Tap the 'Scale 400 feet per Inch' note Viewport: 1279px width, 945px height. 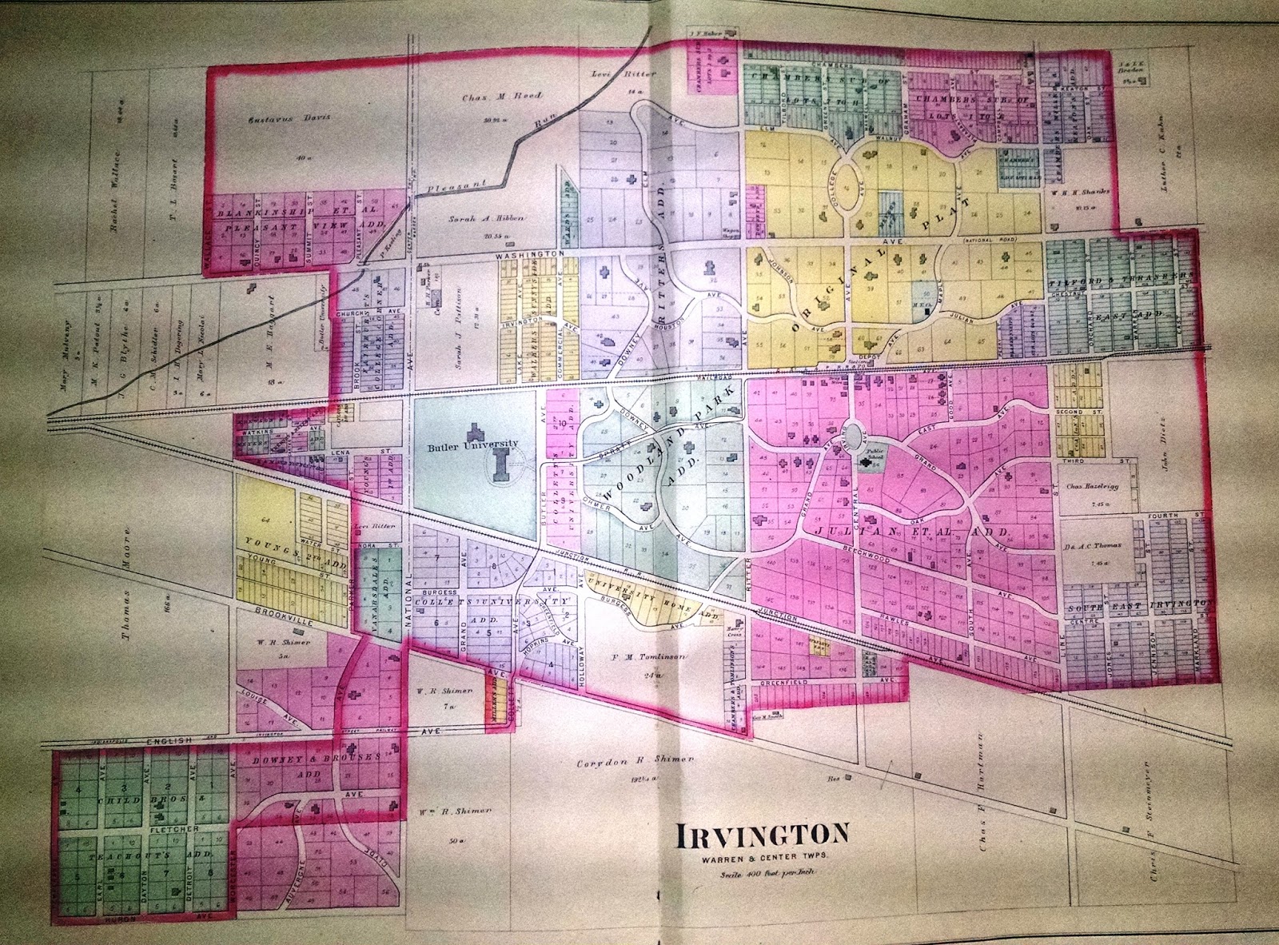(763, 875)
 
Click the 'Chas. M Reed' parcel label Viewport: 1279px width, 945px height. (491, 97)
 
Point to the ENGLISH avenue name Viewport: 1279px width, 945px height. (174, 741)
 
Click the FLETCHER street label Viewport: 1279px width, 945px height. (170, 830)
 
